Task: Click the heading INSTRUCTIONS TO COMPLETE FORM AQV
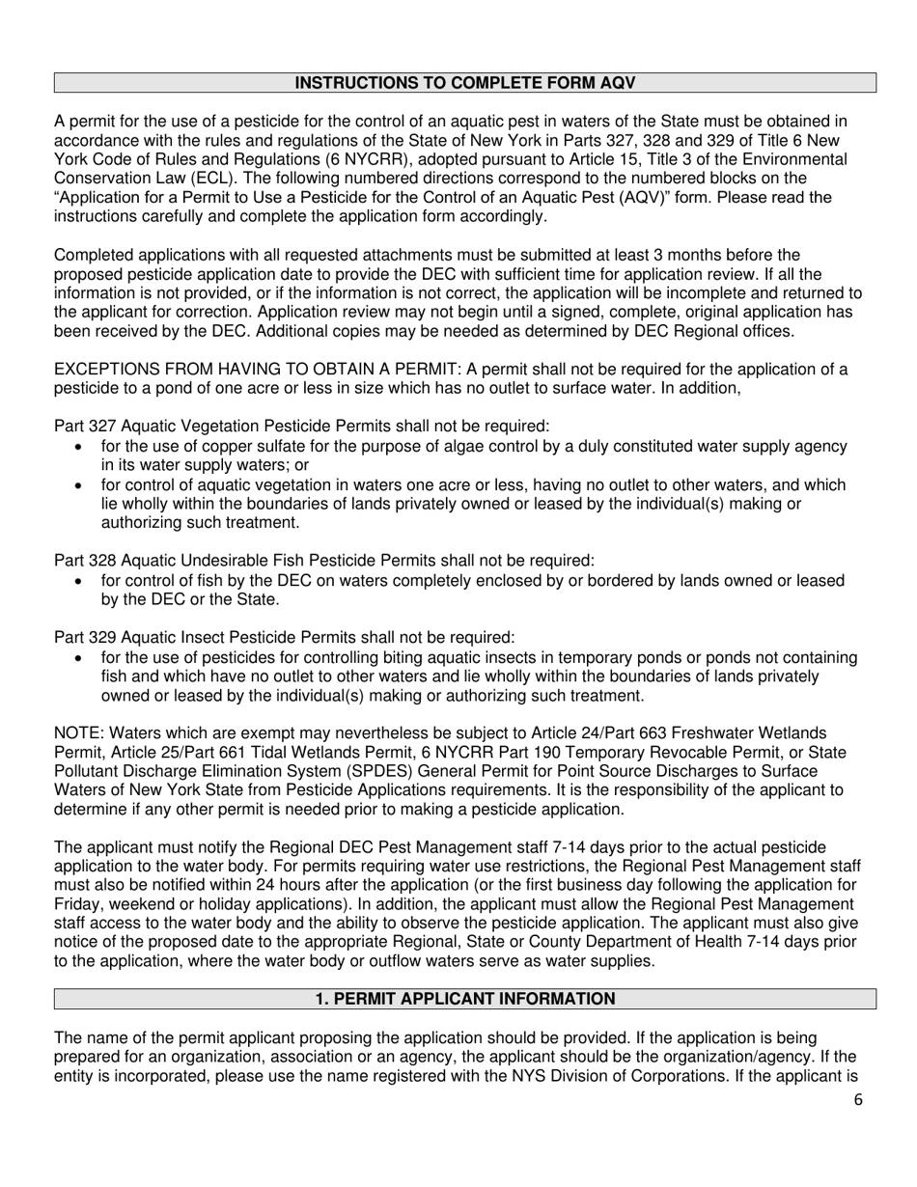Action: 464,83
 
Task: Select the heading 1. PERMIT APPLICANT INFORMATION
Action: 464,999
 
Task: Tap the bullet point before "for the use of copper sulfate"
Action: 79,447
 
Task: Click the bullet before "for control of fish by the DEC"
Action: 79,581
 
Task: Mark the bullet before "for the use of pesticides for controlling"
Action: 79,657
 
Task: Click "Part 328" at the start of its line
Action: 84,561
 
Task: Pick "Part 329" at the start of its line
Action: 84,637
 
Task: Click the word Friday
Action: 78,904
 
